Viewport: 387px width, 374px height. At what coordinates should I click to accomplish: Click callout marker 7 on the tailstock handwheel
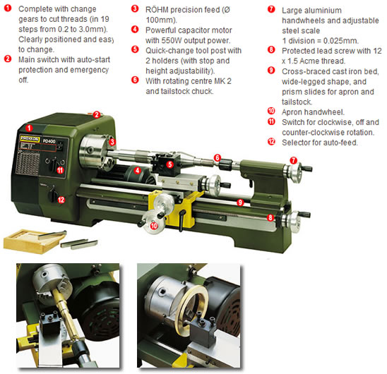point(293,161)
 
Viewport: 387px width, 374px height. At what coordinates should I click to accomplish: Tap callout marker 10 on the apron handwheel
point(154,225)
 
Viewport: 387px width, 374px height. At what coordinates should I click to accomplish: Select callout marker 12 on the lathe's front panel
point(61,199)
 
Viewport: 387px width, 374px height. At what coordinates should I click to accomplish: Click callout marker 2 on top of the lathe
point(98,114)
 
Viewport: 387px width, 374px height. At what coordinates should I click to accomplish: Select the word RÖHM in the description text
point(157,10)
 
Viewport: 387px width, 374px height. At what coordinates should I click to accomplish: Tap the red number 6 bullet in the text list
point(135,80)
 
